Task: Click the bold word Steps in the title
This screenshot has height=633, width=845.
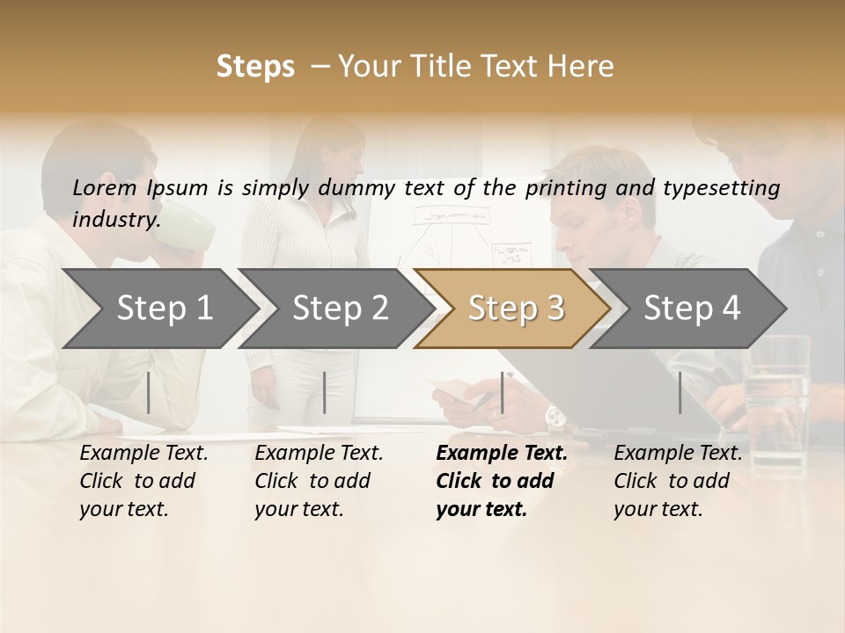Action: pos(255,67)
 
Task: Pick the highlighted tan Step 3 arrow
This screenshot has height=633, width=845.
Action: pos(515,309)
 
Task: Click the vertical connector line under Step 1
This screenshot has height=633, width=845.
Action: pos(149,392)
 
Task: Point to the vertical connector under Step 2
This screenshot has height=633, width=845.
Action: pos(325,392)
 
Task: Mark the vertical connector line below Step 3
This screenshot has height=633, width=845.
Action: pos(502,392)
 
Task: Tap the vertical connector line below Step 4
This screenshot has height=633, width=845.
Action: pos(680,392)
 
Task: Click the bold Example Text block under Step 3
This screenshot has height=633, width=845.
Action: pos(501,481)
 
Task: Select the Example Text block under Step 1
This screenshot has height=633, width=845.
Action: pos(143,481)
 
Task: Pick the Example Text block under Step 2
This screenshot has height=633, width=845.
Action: pos(319,481)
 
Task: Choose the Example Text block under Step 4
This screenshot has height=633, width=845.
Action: pos(678,481)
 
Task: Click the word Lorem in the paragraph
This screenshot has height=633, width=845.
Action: pos(105,187)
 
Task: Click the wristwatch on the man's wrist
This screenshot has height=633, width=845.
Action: pos(555,417)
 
